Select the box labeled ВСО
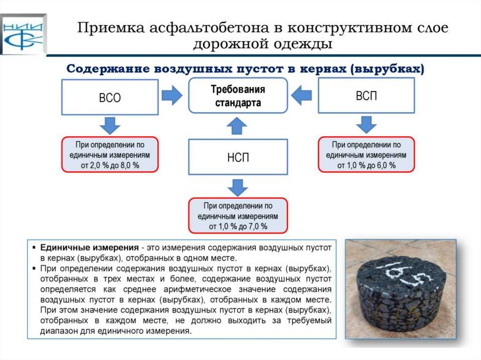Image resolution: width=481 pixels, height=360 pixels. point(109,97)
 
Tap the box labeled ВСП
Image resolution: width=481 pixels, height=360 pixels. point(366,96)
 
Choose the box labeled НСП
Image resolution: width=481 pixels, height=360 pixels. point(238,157)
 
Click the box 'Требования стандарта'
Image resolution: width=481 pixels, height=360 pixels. point(238,96)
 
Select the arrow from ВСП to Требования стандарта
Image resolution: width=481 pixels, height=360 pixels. point(302,95)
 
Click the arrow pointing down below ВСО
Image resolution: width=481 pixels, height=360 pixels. point(110,125)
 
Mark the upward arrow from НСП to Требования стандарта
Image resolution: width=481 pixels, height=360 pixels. point(238,125)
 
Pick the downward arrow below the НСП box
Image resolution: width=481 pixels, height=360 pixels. point(238,186)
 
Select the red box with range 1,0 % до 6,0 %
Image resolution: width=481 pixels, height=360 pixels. point(366,154)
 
